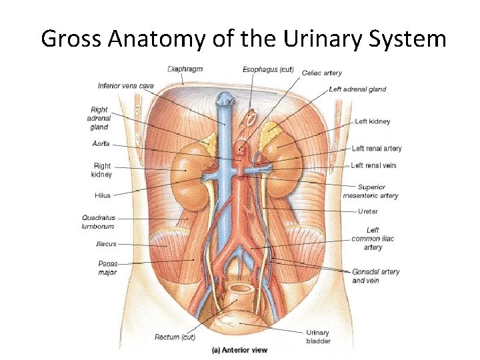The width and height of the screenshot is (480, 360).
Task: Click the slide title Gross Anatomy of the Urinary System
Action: pos(243,39)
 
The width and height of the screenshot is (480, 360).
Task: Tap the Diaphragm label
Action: pos(185,69)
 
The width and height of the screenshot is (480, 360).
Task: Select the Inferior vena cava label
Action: pos(125,85)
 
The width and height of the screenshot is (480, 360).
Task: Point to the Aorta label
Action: pos(101,144)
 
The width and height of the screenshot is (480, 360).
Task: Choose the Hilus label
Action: pos(102,196)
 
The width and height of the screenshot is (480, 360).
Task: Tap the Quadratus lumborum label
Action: pos(98,222)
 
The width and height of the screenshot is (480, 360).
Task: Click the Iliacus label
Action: pos(105,244)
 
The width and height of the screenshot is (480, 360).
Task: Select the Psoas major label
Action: pos(107,267)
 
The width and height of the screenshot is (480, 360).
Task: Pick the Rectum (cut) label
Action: pos(175,337)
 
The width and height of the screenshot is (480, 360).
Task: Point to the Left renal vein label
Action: pos(373,165)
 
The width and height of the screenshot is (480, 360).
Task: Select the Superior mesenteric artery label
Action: pos(371,191)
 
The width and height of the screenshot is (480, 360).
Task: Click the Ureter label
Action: pos(367,211)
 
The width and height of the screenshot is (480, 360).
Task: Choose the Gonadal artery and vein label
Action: pos(375,276)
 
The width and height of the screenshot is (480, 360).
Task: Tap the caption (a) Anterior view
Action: pos(239,350)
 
